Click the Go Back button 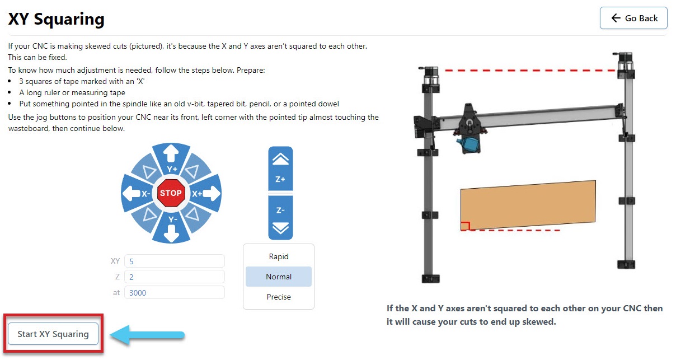(633, 18)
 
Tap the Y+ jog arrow (171, 158)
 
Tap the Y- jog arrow (171, 228)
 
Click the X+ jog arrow (206, 193)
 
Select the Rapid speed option (279, 256)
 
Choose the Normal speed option (279, 277)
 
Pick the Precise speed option (279, 297)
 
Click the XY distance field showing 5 (175, 261)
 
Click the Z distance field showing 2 (175, 277)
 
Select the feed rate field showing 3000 (175, 292)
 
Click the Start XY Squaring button (53, 334)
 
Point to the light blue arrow (147, 335)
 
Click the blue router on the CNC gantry (468, 144)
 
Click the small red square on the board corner (465, 226)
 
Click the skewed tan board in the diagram (528, 205)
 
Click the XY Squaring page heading (56, 19)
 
